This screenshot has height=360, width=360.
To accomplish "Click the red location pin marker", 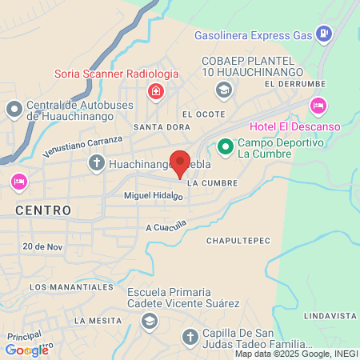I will click(181, 163).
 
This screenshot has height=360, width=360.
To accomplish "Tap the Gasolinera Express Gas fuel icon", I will click(324, 34).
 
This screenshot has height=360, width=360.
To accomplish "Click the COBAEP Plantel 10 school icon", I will click(225, 90).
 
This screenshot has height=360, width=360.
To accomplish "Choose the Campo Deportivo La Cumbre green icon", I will click(226, 146).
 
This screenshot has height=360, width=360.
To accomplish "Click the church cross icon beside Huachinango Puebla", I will click(97, 164).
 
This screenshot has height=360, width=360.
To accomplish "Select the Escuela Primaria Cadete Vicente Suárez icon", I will click(148, 321).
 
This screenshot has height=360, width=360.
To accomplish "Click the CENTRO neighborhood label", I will click(43, 210).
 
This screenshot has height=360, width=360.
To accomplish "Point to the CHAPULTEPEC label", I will click(238, 241).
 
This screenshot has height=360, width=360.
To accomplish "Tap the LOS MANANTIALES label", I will click(70, 286).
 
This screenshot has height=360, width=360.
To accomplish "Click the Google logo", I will click(26, 350).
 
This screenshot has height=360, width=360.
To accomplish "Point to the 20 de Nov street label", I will click(42, 246).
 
